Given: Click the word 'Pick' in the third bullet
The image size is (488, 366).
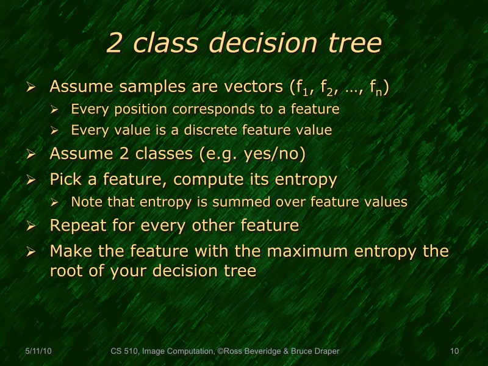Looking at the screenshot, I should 64,179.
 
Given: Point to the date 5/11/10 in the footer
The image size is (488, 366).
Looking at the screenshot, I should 37,351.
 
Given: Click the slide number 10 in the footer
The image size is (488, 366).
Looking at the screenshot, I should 454,351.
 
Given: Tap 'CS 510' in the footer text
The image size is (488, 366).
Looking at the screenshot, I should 124,351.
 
